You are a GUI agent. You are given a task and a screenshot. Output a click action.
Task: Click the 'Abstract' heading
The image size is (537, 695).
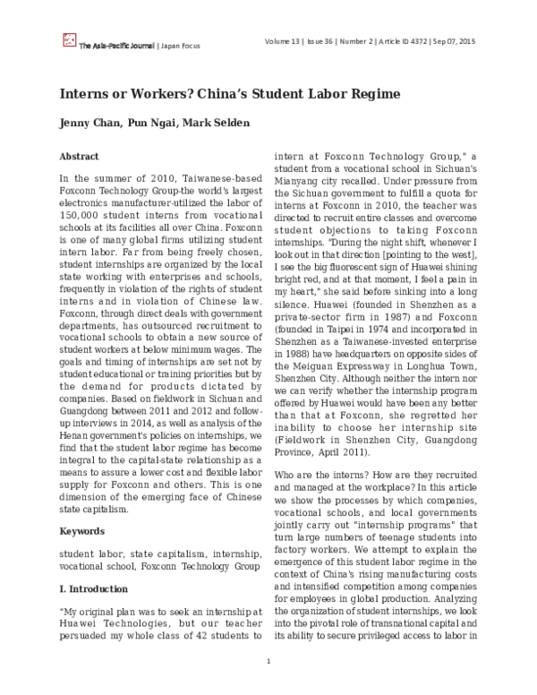[x=79, y=156]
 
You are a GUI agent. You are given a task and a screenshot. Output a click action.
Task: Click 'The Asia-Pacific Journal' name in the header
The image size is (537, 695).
[x=116, y=44]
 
